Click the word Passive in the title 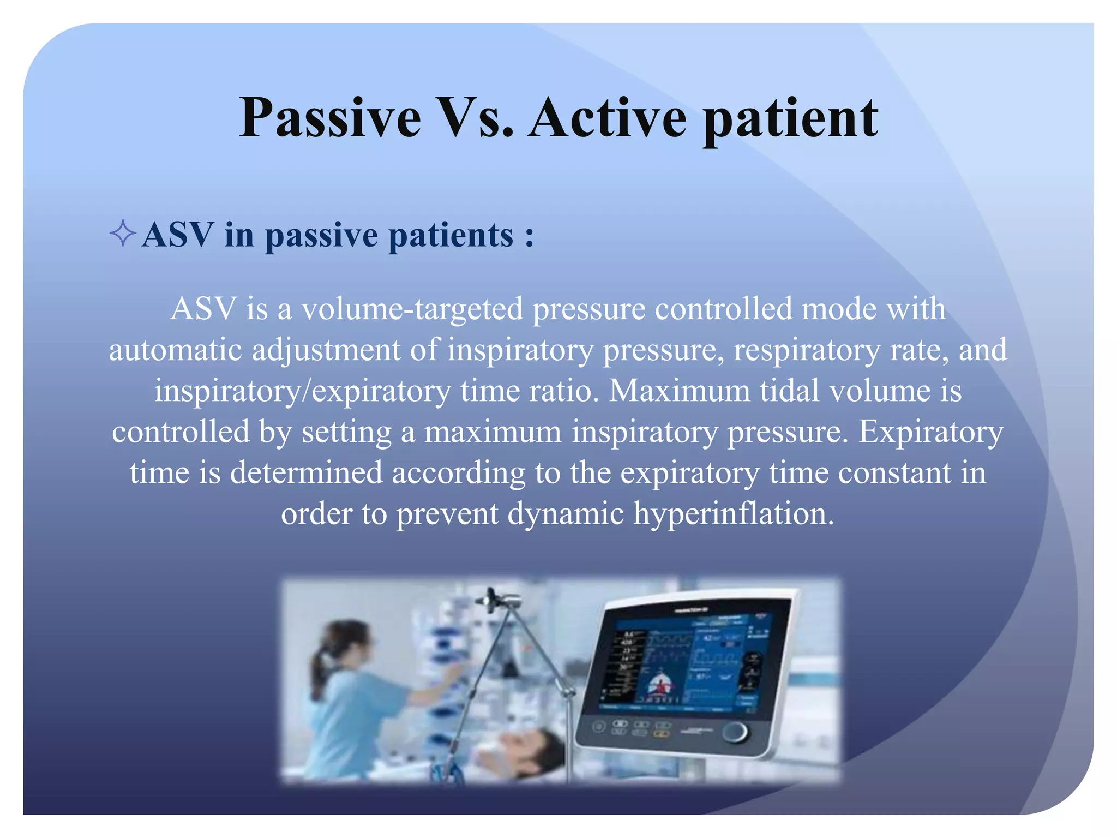[x=330, y=118]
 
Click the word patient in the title [x=791, y=118]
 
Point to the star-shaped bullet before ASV [x=123, y=234]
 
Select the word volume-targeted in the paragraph [x=413, y=309]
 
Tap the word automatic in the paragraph [x=175, y=350]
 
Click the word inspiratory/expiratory [x=303, y=391]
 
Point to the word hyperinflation [x=733, y=513]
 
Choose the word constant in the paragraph [x=894, y=472]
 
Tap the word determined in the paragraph [x=306, y=472]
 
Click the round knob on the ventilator [x=736, y=732]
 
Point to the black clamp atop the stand [x=496, y=598]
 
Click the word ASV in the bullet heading [x=177, y=235]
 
